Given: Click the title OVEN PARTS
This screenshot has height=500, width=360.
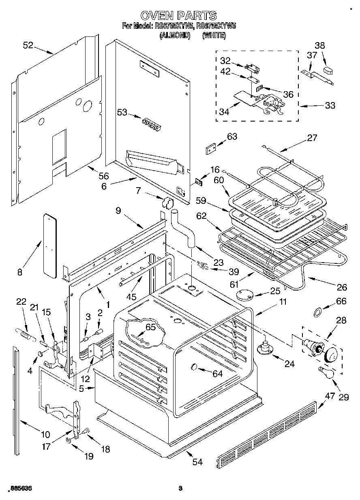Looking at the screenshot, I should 178,15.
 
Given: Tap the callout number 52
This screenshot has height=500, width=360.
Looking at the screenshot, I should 28,46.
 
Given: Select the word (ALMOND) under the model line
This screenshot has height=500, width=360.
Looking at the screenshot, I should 175,35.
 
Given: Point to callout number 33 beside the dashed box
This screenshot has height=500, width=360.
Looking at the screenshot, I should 330,105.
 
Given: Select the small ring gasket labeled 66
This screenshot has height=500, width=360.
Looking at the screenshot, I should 319,312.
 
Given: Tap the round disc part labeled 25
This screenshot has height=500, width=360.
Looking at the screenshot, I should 245,295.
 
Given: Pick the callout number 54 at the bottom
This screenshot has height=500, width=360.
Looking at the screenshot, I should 197,462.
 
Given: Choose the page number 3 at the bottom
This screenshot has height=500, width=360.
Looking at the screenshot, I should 180,489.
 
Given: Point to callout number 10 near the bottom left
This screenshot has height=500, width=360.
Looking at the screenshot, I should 45,434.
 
